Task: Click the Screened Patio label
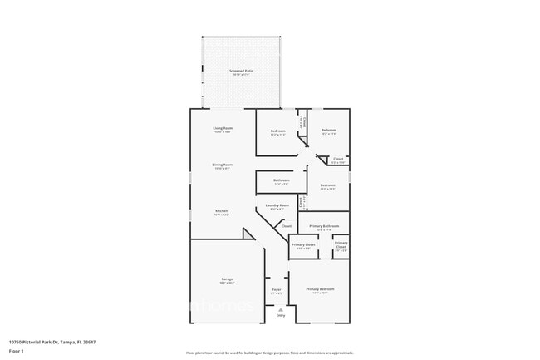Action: (x=242, y=72)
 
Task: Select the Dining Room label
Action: (x=223, y=165)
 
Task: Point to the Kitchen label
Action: (x=222, y=212)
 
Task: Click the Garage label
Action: (x=227, y=279)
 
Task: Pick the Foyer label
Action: (x=277, y=290)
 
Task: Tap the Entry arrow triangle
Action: (x=280, y=309)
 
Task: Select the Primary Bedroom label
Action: (x=319, y=289)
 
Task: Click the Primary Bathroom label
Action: (x=323, y=227)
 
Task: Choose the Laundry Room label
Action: (x=277, y=205)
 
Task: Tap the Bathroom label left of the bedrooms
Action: (x=282, y=180)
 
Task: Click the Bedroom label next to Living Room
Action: (x=278, y=131)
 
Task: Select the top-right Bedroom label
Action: (x=329, y=131)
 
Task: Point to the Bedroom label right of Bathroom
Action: (x=328, y=185)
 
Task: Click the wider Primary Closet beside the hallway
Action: (x=303, y=245)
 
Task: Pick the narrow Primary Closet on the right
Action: (x=341, y=244)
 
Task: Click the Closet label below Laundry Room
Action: (x=286, y=226)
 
